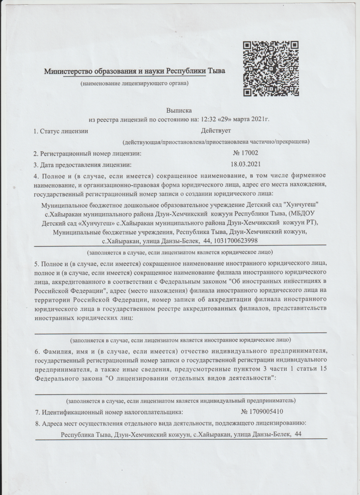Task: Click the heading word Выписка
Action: click(179, 110)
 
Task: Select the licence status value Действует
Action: click(216, 131)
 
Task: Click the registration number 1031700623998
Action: click(234, 240)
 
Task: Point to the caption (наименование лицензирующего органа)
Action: click(134, 84)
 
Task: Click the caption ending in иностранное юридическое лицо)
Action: click(180, 340)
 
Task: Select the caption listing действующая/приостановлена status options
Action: click(216, 142)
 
